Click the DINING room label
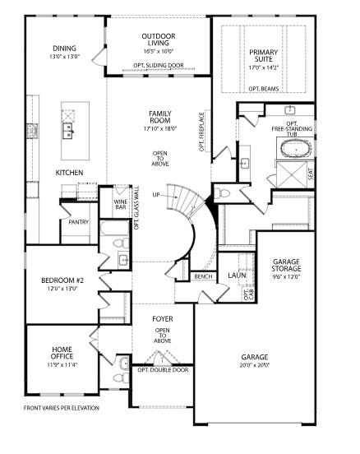pyautogui.click(x=64, y=49)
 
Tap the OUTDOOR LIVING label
pyautogui.click(x=159, y=37)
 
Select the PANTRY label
pyautogui.click(x=79, y=221)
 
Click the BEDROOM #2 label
pyautogui.click(x=62, y=280)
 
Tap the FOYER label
pyautogui.click(x=163, y=317)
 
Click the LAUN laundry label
pyautogui.click(x=237, y=276)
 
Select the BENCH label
pyautogui.click(x=203, y=277)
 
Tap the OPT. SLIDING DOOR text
pyautogui.click(x=158, y=64)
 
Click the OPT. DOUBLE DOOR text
pyautogui.click(x=163, y=370)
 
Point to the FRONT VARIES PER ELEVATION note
pyautogui.click(x=62, y=407)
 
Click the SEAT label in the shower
pyautogui.click(x=310, y=174)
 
